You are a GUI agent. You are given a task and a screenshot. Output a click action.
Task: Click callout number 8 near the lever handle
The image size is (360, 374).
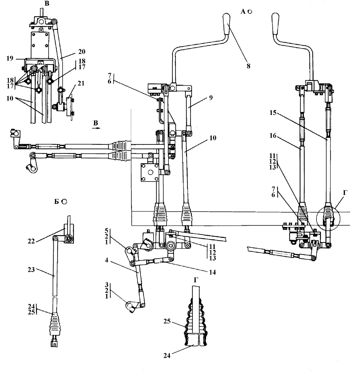pyautogui.click(x=248, y=66)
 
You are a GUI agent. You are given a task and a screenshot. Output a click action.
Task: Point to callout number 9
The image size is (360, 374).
pyautogui.click(x=211, y=98)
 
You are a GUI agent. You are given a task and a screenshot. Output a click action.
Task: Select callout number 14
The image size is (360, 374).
pyautogui.click(x=212, y=272)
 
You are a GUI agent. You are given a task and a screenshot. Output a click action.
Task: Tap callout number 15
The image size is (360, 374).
pyautogui.click(x=273, y=113)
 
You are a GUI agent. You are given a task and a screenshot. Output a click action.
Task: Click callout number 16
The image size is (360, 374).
pyautogui.click(x=273, y=135)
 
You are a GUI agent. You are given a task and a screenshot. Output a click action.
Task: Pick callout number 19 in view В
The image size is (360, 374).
pyautogui.click(x=10, y=58)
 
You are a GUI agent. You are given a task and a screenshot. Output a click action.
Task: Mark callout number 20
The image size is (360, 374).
pyautogui.click(x=82, y=52)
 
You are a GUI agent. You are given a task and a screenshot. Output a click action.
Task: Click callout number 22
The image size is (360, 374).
pyautogui.click(x=31, y=241)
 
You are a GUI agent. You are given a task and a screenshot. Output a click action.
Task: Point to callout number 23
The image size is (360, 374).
pyautogui.click(x=31, y=270)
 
